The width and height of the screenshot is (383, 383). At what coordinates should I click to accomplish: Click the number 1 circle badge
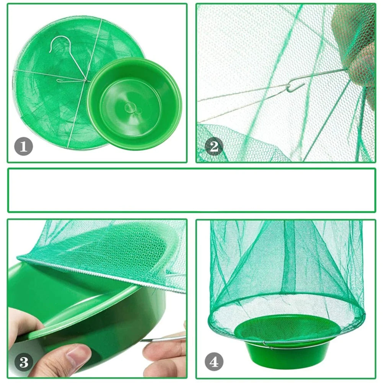click(23, 147)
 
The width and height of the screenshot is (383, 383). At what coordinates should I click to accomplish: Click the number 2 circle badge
click(214, 147)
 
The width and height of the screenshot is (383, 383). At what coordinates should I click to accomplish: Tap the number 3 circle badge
click(24, 362)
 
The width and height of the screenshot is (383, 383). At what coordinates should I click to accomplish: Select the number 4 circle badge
click(214, 362)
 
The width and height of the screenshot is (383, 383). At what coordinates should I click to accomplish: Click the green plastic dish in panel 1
click(135, 104)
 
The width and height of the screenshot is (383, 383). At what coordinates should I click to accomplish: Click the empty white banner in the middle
click(191, 190)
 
